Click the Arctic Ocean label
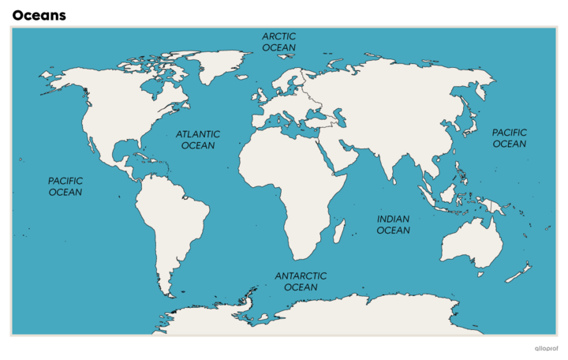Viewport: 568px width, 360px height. click(279, 42)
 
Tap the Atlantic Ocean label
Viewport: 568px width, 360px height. click(198, 140)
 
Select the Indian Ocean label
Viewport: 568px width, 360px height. click(393, 225)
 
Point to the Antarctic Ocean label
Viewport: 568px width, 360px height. click(301, 281)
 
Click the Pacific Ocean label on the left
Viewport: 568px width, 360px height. click(65, 186)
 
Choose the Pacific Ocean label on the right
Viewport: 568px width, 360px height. click(510, 138)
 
